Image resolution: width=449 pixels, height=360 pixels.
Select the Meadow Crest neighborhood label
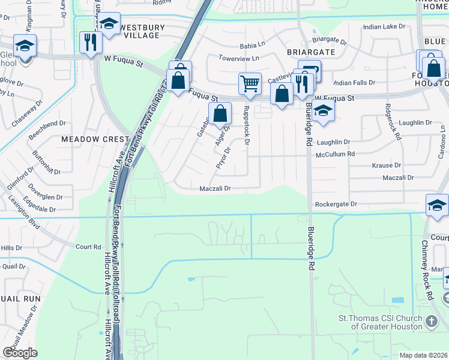pos(95,139)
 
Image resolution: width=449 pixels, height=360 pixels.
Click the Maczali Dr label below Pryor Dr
pos(215,188)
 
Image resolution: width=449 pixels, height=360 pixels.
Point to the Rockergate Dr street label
pos(336,205)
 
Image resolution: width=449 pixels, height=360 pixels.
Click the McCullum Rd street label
pos(336,154)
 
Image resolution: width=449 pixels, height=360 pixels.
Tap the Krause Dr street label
pos(387,165)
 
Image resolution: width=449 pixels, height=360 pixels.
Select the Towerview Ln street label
pos(238,58)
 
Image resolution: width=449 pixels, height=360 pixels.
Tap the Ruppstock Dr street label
pos(246,125)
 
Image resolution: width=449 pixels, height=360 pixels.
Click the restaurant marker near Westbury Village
pos(91,41)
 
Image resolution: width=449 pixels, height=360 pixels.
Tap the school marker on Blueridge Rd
pos(323,110)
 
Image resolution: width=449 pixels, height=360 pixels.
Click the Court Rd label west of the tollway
pos(88,247)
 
